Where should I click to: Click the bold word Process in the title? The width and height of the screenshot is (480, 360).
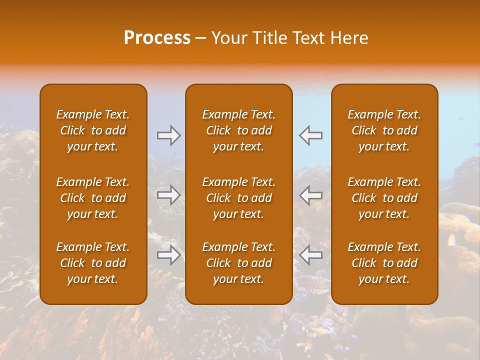coord(157,38)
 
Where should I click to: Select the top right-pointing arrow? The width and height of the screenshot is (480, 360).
coord(169,135)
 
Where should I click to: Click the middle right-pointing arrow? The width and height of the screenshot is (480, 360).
coord(169,195)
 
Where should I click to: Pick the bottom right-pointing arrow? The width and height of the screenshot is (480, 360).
coord(169,255)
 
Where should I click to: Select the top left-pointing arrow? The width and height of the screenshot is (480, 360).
coord(311,135)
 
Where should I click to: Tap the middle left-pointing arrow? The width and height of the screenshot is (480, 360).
coord(311,195)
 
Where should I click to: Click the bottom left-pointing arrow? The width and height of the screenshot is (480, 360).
coord(311,255)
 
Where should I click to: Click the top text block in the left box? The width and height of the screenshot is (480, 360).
coord(93,130)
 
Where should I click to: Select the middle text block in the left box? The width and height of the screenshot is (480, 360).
coord(93,198)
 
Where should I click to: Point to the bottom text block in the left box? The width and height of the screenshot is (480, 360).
coord(93,263)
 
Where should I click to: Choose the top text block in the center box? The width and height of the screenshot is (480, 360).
coord(239,130)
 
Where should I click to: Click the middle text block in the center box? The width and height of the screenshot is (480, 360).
coord(239,198)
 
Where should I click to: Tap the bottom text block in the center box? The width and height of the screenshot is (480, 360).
coord(239,263)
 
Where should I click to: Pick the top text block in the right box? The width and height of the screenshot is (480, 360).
coord(384,130)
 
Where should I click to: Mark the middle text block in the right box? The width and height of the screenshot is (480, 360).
coord(384,198)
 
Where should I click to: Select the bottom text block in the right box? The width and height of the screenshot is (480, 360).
coord(384,263)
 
